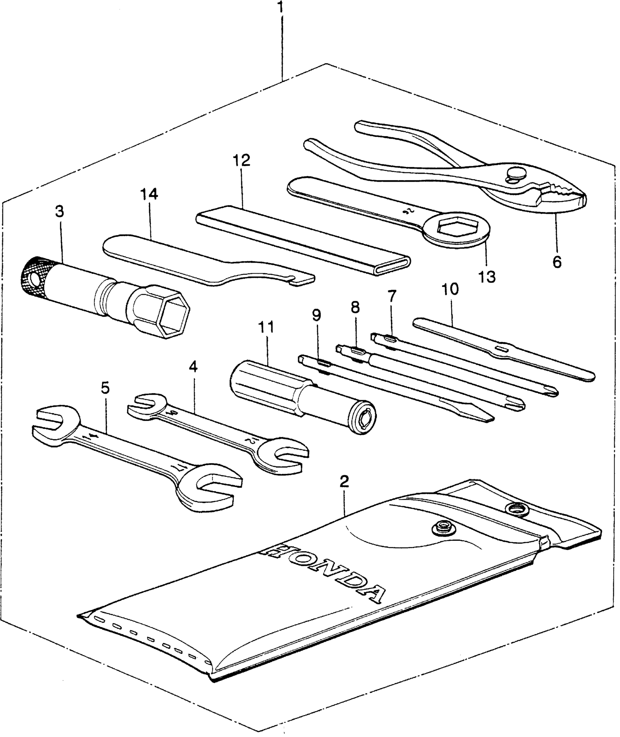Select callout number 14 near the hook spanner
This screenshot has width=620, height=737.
click(x=149, y=194)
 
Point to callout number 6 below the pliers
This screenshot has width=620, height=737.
click(x=557, y=262)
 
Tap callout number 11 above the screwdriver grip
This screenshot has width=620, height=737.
click(x=266, y=327)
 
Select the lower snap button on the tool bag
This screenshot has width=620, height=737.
click(x=442, y=526)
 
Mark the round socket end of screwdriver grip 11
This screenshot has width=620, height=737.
click(x=363, y=418)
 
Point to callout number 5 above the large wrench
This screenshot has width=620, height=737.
click(x=105, y=388)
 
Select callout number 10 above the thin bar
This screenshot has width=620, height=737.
click(x=450, y=289)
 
